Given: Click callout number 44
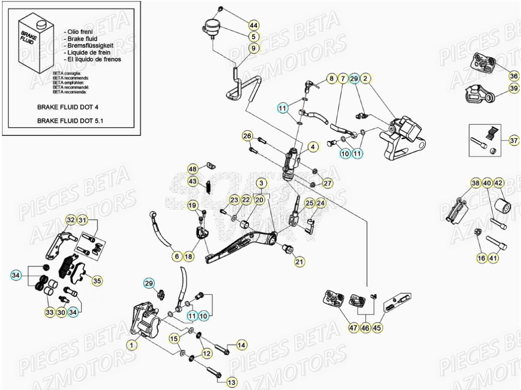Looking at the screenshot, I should (x=254, y=25).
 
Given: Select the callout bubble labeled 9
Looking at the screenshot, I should (x=254, y=48).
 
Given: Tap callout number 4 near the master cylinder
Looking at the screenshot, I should (x=313, y=147).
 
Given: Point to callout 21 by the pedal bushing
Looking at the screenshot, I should (x=299, y=261).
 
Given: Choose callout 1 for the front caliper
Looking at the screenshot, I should (x=131, y=345).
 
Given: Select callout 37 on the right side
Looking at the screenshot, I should (x=513, y=140).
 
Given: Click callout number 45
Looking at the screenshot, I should (x=377, y=328).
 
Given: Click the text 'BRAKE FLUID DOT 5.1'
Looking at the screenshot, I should (x=74, y=121).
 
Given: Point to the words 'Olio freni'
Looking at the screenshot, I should (x=81, y=31).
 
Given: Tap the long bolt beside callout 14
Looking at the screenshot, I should (x=221, y=347).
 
